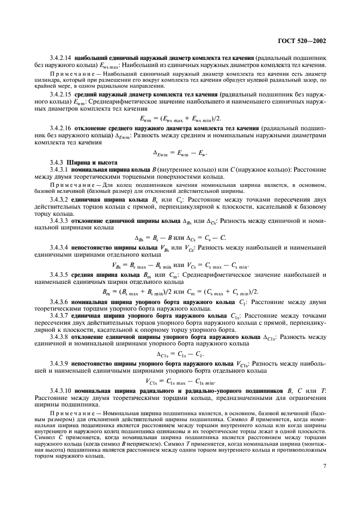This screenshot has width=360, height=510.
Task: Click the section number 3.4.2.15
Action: (61, 95)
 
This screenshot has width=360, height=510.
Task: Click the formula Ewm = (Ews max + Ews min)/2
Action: (179, 117)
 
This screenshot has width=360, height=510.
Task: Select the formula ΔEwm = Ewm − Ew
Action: (179, 151)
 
